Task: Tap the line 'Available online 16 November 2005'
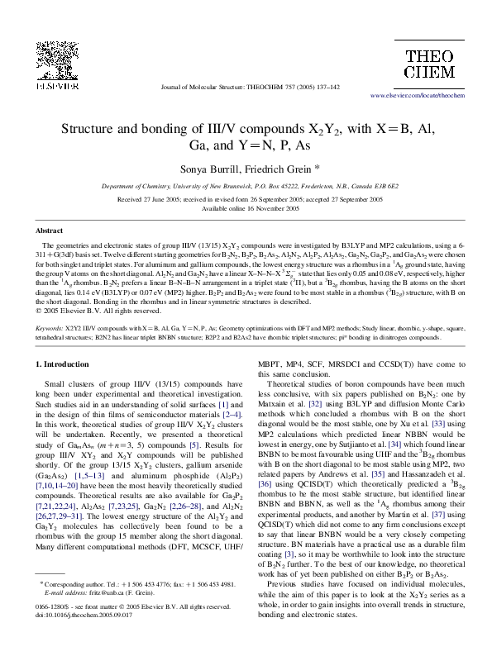click(246, 208)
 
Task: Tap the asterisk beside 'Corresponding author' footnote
click(41, 606)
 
